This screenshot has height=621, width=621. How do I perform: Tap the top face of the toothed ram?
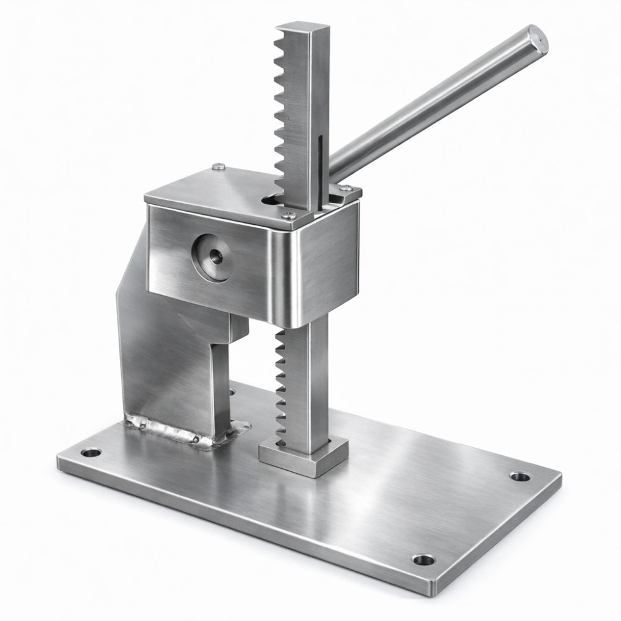[x=303, y=28]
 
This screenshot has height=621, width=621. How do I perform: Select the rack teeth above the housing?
[x=284, y=112]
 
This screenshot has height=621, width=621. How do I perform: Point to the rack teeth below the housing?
[x=280, y=385]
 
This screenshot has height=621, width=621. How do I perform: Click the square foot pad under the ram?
[x=303, y=458]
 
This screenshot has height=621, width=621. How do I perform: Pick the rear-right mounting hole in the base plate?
[x=520, y=477]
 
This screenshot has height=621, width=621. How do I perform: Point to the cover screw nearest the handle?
[x=348, y=188]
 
